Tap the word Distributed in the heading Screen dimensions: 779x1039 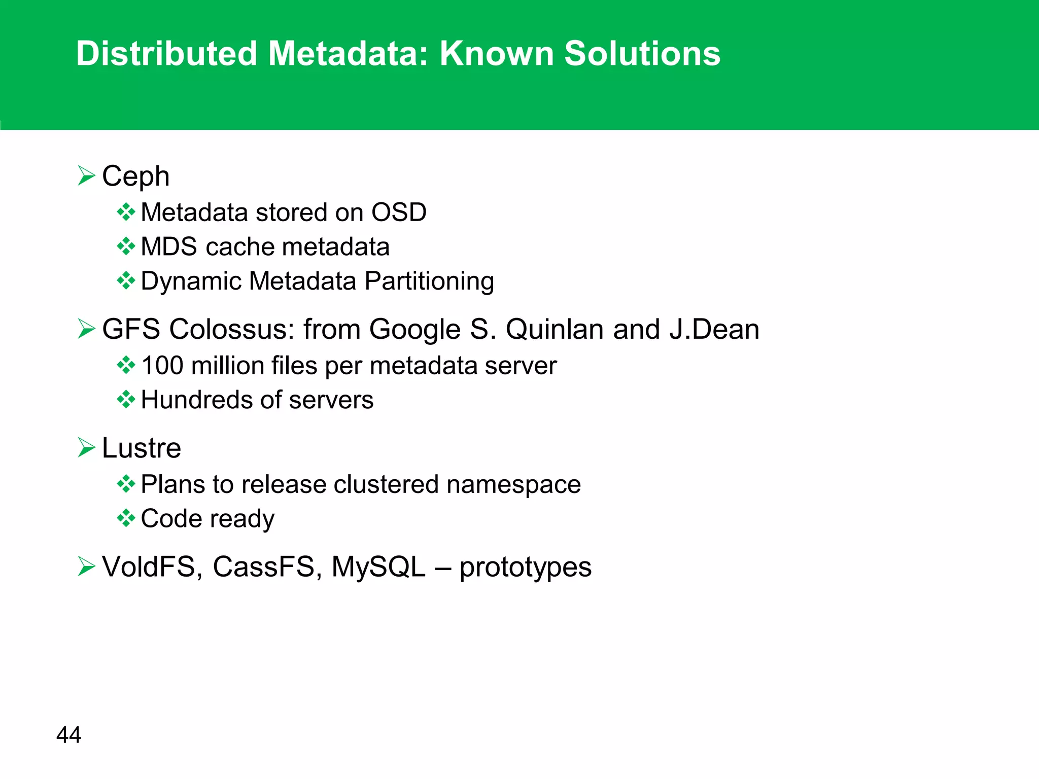[166, 53]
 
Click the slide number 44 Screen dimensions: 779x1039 [68, 735]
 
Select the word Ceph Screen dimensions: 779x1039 [135, 177]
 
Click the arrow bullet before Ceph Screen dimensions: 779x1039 [87, 176]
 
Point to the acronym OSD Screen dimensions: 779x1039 [399, 212]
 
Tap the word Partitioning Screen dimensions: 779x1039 [429, 281]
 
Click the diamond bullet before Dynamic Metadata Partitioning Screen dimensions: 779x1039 [126, 280]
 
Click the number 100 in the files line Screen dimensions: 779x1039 [162, 366]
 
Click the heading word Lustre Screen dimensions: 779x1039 [142, 448]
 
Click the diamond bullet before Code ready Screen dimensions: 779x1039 [126, 518]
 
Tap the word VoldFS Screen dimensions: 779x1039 [149, 566]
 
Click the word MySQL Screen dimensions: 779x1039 [378, 566]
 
